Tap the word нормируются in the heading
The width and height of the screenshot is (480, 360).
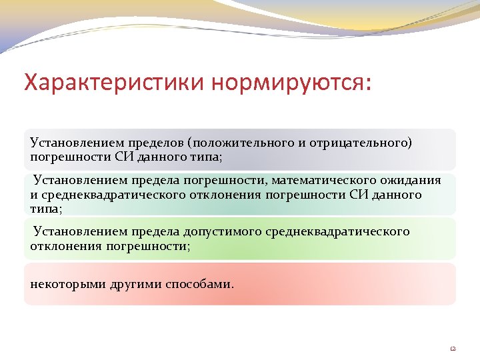(x=289, y=83)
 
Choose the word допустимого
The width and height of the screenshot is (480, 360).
(x=220, y=231)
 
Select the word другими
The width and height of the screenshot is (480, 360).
(x=128, y=284)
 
